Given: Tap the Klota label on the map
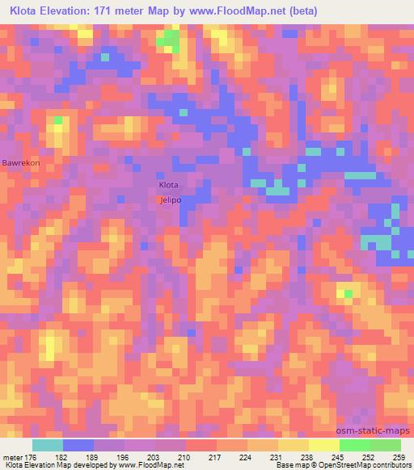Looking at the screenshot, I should coord(168,184).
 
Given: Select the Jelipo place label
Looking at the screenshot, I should coord(170,199).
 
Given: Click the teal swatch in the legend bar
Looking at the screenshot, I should coord(48,445).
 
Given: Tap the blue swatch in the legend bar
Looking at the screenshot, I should coord(78,445).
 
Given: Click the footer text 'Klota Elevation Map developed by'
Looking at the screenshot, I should coord(60,465).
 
